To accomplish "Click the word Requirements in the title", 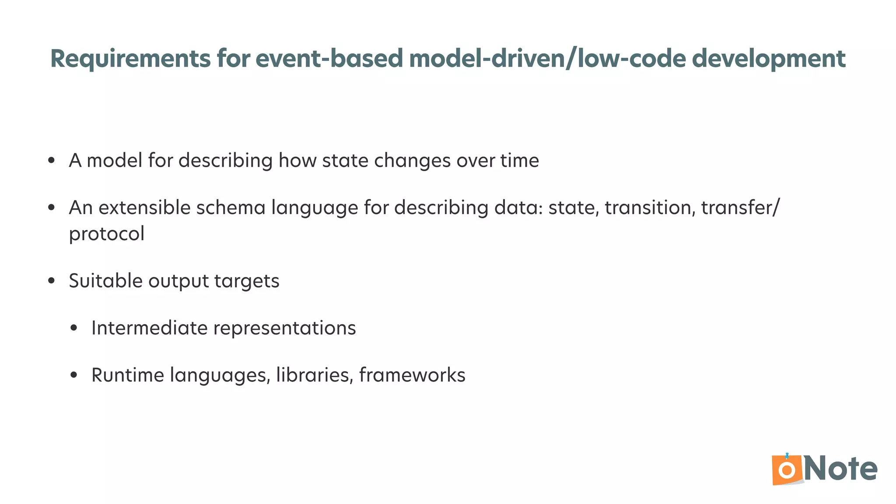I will [130, 59].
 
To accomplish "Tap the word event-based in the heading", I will [329, 59].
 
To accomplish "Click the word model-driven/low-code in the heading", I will [547, 59].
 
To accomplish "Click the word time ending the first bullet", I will [520, 161].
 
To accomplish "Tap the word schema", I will [231, 208].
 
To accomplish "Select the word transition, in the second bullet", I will [650, 208].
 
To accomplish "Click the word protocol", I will [107, 234].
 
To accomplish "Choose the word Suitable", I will [105, 281].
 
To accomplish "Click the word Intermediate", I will [149, 328].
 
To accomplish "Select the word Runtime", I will [127, 375].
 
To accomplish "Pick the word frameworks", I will [412, 375].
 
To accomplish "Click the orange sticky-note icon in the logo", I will [787, 470].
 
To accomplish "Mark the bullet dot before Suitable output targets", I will [52, 281].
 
